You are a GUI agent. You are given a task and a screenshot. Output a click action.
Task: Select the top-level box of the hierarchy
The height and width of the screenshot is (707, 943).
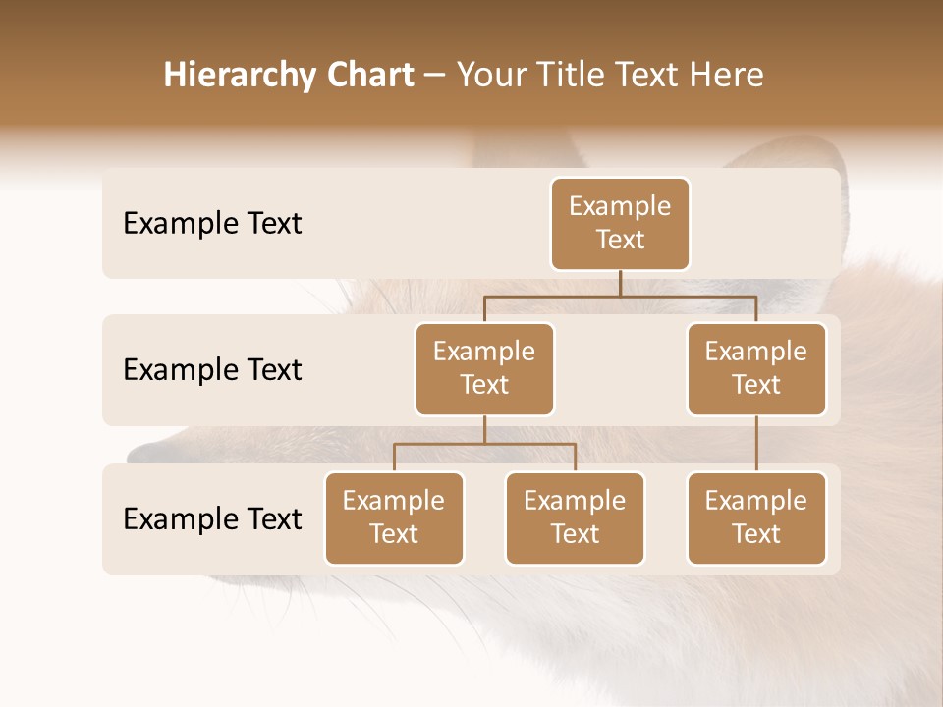coord(620,223)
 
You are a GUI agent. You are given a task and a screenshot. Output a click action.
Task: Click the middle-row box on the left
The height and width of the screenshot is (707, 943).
coord(484,368)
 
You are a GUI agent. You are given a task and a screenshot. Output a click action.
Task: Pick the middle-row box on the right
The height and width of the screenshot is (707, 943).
coord(756,368)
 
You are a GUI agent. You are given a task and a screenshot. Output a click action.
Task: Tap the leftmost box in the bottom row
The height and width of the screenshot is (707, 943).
coord(394,517)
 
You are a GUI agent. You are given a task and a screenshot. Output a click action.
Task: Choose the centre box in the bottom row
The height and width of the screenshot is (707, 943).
coord(575,517)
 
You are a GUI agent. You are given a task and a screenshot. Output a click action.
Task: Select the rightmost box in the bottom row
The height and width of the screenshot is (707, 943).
coord(756,517)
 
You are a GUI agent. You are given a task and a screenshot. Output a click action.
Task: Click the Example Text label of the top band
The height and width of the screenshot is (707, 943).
coord(212,224)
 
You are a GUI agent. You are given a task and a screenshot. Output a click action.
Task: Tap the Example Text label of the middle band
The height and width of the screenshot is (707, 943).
coord(212,370)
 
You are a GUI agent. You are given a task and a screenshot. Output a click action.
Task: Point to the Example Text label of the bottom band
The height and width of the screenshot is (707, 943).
coord(212,518)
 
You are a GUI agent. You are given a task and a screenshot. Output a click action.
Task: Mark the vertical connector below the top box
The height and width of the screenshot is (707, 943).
coord(620,283)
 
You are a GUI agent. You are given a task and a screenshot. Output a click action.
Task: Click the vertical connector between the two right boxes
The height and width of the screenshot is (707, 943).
coord(756,443)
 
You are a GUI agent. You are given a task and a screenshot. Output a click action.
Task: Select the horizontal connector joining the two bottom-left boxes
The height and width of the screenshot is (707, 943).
coord(484,444)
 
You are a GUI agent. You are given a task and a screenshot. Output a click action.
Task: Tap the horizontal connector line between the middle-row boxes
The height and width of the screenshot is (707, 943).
coord(620,296)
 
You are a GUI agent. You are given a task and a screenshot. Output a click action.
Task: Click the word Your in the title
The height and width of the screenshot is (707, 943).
coord(489,76)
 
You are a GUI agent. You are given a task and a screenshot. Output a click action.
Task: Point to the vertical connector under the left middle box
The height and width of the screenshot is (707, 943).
coord(484,429)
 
